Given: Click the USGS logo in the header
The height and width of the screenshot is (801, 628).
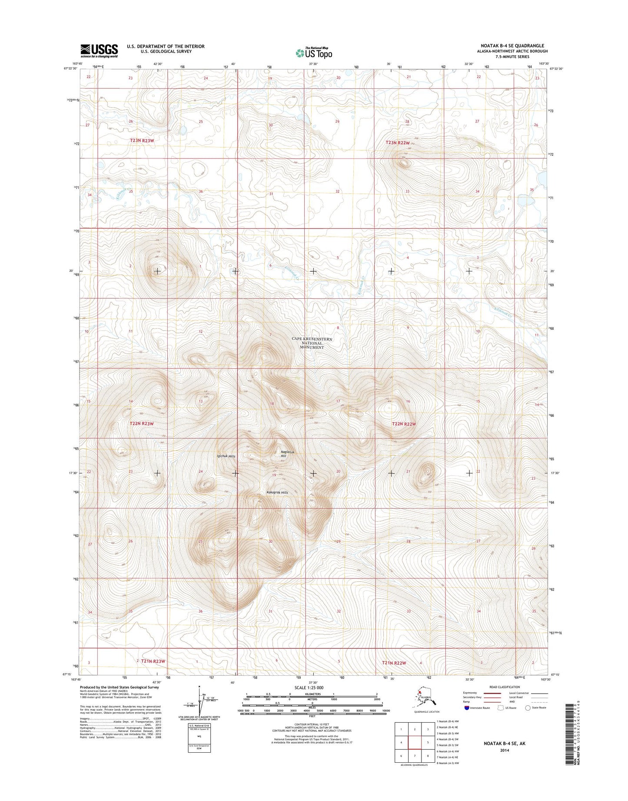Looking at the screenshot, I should (x=99, y=50).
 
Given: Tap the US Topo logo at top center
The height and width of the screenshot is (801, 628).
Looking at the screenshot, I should (x=314, y=53).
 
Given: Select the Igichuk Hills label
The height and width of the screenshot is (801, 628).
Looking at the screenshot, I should (x=226, y=456).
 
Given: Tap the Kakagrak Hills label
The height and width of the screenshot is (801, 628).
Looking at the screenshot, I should (x=277, y=493).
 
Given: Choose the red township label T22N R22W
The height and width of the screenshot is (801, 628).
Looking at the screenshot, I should (x=404, y=424).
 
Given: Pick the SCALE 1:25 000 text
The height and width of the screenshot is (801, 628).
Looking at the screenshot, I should (x=312, y=688).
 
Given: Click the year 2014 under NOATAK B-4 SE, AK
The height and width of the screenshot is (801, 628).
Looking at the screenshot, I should (x=504, y=751).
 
